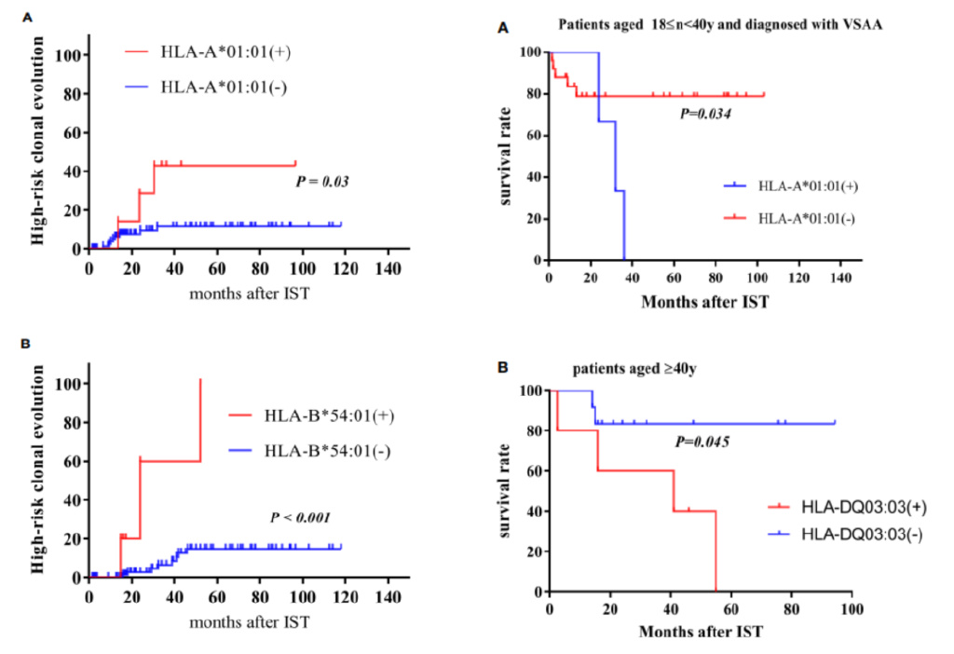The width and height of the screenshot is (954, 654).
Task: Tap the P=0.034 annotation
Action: coord(703,114)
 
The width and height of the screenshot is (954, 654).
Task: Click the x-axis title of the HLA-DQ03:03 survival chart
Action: coord(701,631)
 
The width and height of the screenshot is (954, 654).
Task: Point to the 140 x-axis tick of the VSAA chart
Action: coord(841,279)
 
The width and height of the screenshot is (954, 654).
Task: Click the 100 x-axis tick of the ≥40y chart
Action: coord(851,609)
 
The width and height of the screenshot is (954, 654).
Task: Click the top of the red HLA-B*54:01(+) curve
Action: coord(200,379)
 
